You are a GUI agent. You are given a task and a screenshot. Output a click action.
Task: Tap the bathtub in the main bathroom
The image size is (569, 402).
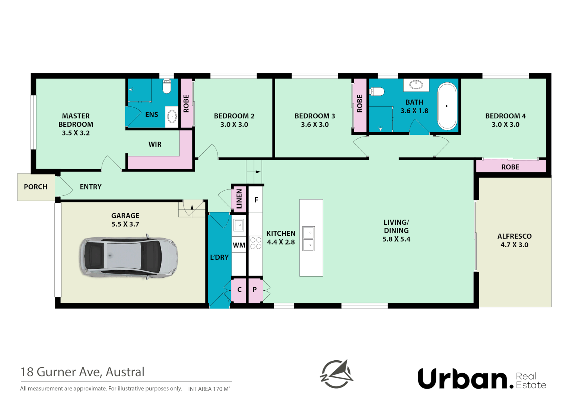click(x=447, y=106)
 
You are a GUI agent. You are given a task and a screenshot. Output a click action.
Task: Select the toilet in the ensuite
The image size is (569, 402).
click(x=167, y=87)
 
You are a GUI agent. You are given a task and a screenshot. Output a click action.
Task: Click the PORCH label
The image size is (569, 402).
click(x=36, y=187)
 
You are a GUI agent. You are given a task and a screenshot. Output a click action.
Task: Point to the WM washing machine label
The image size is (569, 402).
click(x=239, y=245)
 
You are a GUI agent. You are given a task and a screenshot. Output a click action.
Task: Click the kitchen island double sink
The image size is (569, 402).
click(x=308, y=239)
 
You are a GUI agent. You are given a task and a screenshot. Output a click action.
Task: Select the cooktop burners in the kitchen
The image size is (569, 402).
click(x=255, y=243)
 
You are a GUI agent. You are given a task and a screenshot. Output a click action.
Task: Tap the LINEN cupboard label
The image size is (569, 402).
click(x=239, y=199)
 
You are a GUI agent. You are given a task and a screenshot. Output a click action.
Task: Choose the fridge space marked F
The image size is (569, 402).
click(x=256, y=200)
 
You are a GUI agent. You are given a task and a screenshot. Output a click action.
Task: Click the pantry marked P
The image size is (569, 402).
click(x=255, y=290)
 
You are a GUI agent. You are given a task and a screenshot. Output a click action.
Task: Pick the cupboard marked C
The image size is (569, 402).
click(x=239, y=290)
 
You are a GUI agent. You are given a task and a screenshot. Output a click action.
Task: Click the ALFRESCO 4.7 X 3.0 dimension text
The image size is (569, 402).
click(x=514, y=245)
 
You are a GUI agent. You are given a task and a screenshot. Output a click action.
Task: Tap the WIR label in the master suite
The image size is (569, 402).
click(x=155, y=144)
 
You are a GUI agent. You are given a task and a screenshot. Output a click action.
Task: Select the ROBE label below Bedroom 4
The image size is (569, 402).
click(x=510, y=167)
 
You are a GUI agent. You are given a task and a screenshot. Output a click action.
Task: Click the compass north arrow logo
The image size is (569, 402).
click(x=337, y=374)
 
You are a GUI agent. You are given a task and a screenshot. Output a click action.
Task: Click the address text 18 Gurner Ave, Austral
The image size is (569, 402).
click(x=83, y=372)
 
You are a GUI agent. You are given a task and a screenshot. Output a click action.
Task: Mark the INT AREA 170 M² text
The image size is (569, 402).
click(x=209, y=389)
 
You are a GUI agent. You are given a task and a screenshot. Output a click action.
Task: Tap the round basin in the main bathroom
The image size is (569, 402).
click(x=416, y=85)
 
